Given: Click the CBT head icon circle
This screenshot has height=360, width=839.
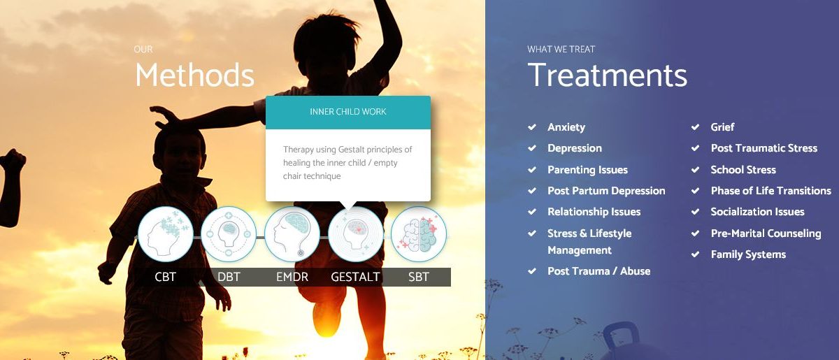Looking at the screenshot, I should tap(166, 235).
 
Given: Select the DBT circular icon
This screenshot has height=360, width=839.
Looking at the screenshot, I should tap(229, 235).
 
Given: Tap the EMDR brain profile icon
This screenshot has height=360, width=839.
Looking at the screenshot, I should tap(292, 235).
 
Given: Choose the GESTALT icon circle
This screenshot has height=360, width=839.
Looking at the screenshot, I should tap(355, 235).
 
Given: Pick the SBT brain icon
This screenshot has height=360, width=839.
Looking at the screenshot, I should tap(418, 235).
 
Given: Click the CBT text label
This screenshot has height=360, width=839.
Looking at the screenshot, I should tap(166, 277).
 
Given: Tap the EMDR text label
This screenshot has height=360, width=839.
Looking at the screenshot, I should tap(292, 277).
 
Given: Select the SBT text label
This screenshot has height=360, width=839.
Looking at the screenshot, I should tap(418, 277).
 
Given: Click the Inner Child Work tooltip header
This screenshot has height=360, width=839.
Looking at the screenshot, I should tap(348, 112).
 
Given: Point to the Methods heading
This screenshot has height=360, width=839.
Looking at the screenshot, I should tap(194, 75).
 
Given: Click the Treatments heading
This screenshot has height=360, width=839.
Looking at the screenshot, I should tap(607, 75).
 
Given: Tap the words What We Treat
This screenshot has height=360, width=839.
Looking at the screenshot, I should tap(561, 49).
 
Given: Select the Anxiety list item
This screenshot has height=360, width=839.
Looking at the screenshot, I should tap(566, 127).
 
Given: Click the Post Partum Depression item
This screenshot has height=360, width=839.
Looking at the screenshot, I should tap(606, 191).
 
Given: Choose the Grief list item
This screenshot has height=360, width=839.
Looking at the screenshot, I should tap(722, 127).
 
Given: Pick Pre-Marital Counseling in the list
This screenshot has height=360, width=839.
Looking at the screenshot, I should tap(766, 233).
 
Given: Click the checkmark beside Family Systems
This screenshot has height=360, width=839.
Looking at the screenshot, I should tap(695, 254).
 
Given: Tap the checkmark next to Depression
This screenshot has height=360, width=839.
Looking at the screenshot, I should tap(532, 148).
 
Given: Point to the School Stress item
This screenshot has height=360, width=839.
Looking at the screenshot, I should tap(743, 170).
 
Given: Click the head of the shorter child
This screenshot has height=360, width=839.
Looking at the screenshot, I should tap(180, 150).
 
